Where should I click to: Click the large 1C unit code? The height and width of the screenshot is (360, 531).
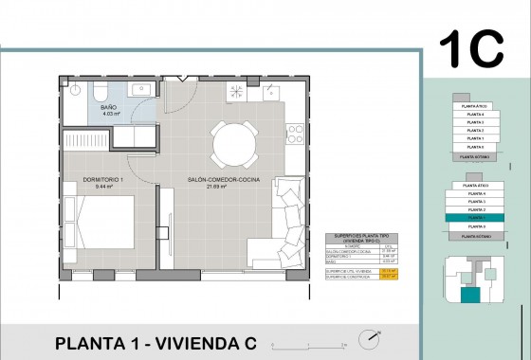[471, 49]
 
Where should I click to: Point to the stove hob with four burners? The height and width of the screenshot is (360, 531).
[235, 92]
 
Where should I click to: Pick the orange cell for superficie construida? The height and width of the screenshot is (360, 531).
[387, 276]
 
